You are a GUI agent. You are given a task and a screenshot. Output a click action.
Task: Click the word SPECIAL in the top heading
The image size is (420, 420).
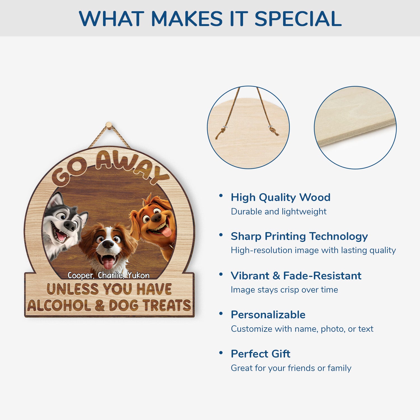point(298,19)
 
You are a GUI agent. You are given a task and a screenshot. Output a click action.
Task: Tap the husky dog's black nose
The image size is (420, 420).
point(71,225)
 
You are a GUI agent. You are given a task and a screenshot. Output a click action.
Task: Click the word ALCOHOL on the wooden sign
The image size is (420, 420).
point(59,305)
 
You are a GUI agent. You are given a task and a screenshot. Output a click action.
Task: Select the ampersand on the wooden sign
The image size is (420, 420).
point(100,305)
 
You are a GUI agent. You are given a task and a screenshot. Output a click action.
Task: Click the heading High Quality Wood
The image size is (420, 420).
point(281,197)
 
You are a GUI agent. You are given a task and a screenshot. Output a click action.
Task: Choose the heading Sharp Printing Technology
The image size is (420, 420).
point(299,237)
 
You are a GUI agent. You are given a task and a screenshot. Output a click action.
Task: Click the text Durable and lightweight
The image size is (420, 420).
point(279,211)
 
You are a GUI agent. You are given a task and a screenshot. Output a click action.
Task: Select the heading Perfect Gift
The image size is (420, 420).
point(260,354)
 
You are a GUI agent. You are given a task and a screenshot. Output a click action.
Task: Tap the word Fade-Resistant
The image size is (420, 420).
point(322,276)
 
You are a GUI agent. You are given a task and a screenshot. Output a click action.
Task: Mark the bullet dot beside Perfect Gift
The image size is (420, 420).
point(221,353)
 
